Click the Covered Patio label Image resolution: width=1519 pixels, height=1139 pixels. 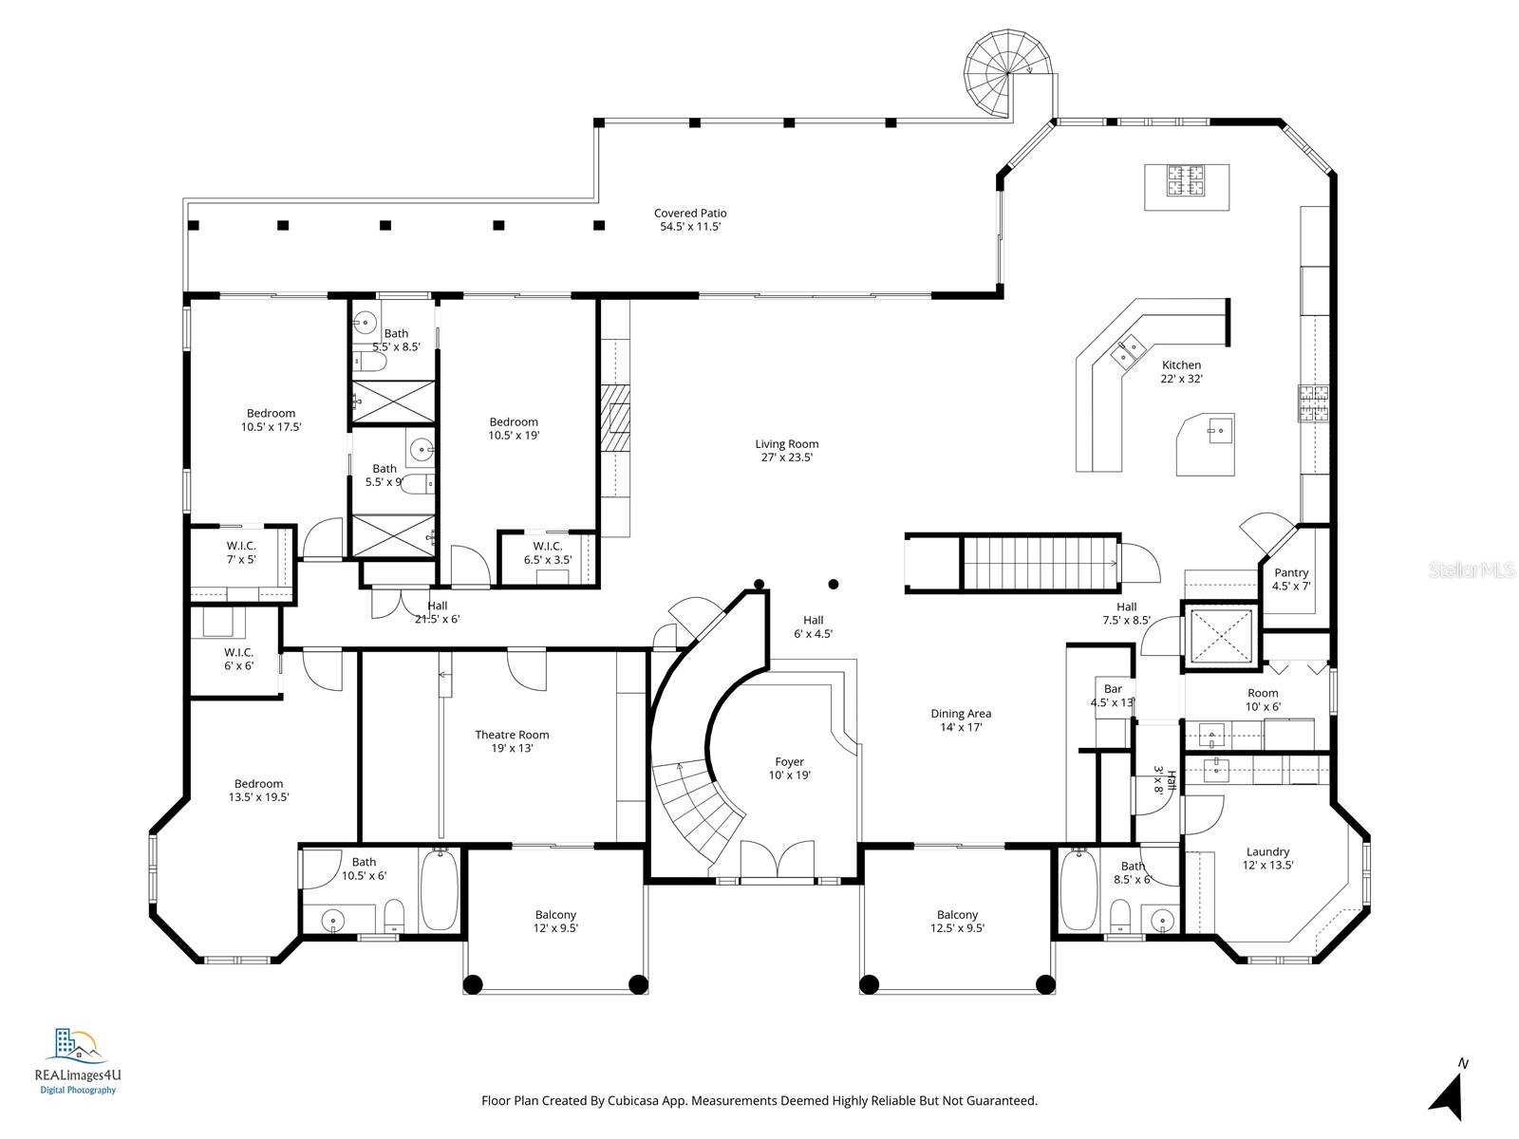[x=690, y=214]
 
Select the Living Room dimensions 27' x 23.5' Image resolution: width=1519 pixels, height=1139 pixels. [x=786, y=457]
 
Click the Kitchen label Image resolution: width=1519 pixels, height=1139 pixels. [x=1181, y=365]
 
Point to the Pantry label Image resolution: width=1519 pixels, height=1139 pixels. [x=1291, y=573]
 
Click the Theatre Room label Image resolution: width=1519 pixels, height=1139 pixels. [x=512, y=735]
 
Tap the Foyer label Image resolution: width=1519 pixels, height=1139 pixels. [x=789, y=762]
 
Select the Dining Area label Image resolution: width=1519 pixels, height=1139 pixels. [x=961, y=714]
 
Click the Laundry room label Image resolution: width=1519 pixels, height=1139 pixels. [x=1267, y=852]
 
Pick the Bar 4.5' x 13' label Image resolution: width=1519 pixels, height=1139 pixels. [x=1113, y=696]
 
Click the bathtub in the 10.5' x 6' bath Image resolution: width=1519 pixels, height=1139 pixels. [x=439, y=890]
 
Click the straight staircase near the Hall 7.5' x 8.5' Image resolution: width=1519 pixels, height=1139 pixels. [x=1040, y=563]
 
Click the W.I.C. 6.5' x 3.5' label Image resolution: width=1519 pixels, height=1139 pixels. [x=548, y=547]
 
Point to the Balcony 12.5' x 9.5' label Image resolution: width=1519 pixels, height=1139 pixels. [x=957, y=915]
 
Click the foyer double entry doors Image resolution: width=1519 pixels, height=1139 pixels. [x=777, y=862]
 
